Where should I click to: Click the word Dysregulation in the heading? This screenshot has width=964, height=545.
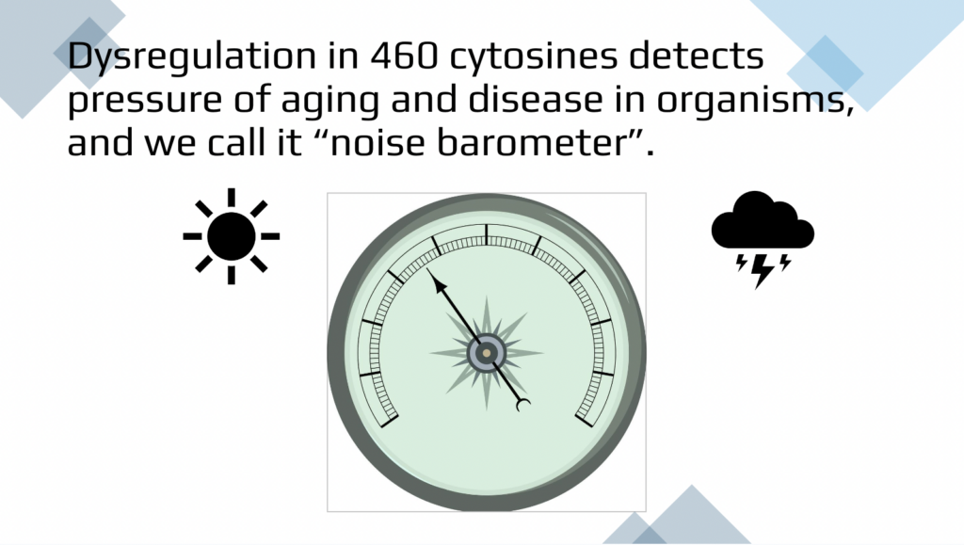[192, 57]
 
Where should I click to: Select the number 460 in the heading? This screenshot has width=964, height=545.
[405, 56]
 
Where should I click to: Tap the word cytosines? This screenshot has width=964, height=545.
[533, 57]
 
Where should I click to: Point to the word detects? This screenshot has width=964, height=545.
[697, 56]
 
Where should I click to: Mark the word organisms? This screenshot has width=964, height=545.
[755, 100]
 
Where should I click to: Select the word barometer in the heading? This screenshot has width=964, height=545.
[532, 142]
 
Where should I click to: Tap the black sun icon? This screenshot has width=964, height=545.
[232, 236]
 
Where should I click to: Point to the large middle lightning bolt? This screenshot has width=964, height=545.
[762, 270]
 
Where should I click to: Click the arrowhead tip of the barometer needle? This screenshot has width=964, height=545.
[427, 269]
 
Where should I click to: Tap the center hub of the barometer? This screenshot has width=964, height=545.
[487, 353]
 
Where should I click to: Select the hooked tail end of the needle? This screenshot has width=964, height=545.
[523, 406]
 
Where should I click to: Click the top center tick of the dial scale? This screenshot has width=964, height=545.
[487, 233]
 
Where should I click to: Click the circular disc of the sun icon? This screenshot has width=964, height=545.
[232, 236]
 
